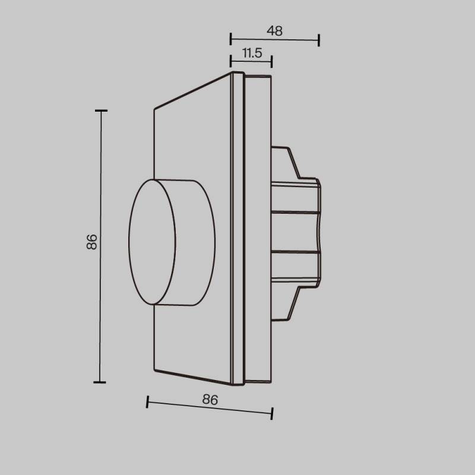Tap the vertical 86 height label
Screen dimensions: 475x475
point(91,242)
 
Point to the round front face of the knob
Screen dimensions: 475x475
point(153,242)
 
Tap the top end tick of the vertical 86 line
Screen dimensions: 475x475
point(101,110)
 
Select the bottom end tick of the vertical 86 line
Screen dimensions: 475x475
point(100,382)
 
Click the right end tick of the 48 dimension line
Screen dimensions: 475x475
point(319,40)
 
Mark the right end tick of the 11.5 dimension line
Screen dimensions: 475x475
point(271,61)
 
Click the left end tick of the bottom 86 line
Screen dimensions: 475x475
point(147,402)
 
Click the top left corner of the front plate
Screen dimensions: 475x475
point(154,108)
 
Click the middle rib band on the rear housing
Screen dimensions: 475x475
point(296,232)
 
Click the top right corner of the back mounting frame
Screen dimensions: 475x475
point(271,77)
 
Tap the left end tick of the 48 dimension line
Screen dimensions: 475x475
point(230,39)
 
